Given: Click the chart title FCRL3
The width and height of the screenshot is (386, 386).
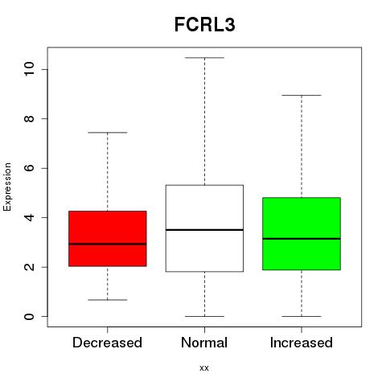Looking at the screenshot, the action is [x=205, y=25].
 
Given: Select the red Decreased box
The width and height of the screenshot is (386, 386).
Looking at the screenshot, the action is [x=108, y=239].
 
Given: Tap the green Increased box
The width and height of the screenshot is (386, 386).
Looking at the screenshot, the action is [x=302, y=234].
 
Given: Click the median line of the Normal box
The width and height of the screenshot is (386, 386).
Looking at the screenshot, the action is [x=204, y=230].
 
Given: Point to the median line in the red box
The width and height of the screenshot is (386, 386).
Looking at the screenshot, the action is [x=108, y=244].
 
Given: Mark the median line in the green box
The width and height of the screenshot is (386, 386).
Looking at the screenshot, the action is [x=302, y=239].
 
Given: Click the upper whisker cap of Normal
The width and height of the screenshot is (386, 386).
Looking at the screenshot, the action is [x=204, y=58].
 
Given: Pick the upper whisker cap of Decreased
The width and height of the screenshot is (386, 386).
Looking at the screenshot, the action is [x=108, y=133].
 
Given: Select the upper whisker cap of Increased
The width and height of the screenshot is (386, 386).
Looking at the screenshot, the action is [x=302, y=95].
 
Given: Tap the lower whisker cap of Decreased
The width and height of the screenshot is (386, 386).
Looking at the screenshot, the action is [x=108, y=300].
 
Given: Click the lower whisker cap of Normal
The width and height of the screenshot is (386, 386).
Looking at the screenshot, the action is [x=204, y=316].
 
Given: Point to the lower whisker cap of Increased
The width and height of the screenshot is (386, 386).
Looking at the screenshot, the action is [x=302, y=316].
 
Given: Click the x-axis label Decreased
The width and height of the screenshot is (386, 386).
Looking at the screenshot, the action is [x=107, y=343].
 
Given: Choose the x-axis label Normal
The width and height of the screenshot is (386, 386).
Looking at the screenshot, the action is [x=204, y=343].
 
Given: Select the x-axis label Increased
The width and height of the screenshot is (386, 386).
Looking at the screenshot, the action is [x=302, y=343].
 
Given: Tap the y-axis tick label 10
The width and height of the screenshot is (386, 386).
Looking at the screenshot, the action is [x=29, y=69].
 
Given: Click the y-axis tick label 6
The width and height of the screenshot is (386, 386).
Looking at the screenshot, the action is [x=29, y=168].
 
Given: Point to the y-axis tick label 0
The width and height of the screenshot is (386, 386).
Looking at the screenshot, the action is [x=29, y=316].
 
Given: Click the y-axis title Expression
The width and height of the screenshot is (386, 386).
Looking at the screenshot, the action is [x=7, y=187].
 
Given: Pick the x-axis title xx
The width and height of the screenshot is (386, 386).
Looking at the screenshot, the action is [x=204, y=368].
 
